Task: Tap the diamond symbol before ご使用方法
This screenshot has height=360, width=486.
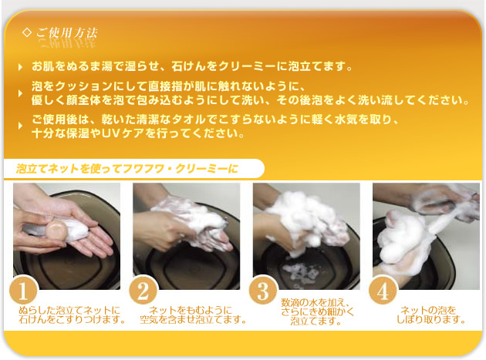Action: pos(28,32)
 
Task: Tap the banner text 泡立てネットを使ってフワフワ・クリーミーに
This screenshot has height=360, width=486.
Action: pos(127,167)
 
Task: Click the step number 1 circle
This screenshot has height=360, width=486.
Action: pos(23,292)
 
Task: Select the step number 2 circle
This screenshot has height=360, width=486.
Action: pos(143,292)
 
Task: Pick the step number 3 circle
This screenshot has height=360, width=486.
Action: pos(263,292)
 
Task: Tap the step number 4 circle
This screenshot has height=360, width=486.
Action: pos(383,292)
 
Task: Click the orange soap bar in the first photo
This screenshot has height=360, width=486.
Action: pos(55,229)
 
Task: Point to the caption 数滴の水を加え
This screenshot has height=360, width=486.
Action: pos(317,302)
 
